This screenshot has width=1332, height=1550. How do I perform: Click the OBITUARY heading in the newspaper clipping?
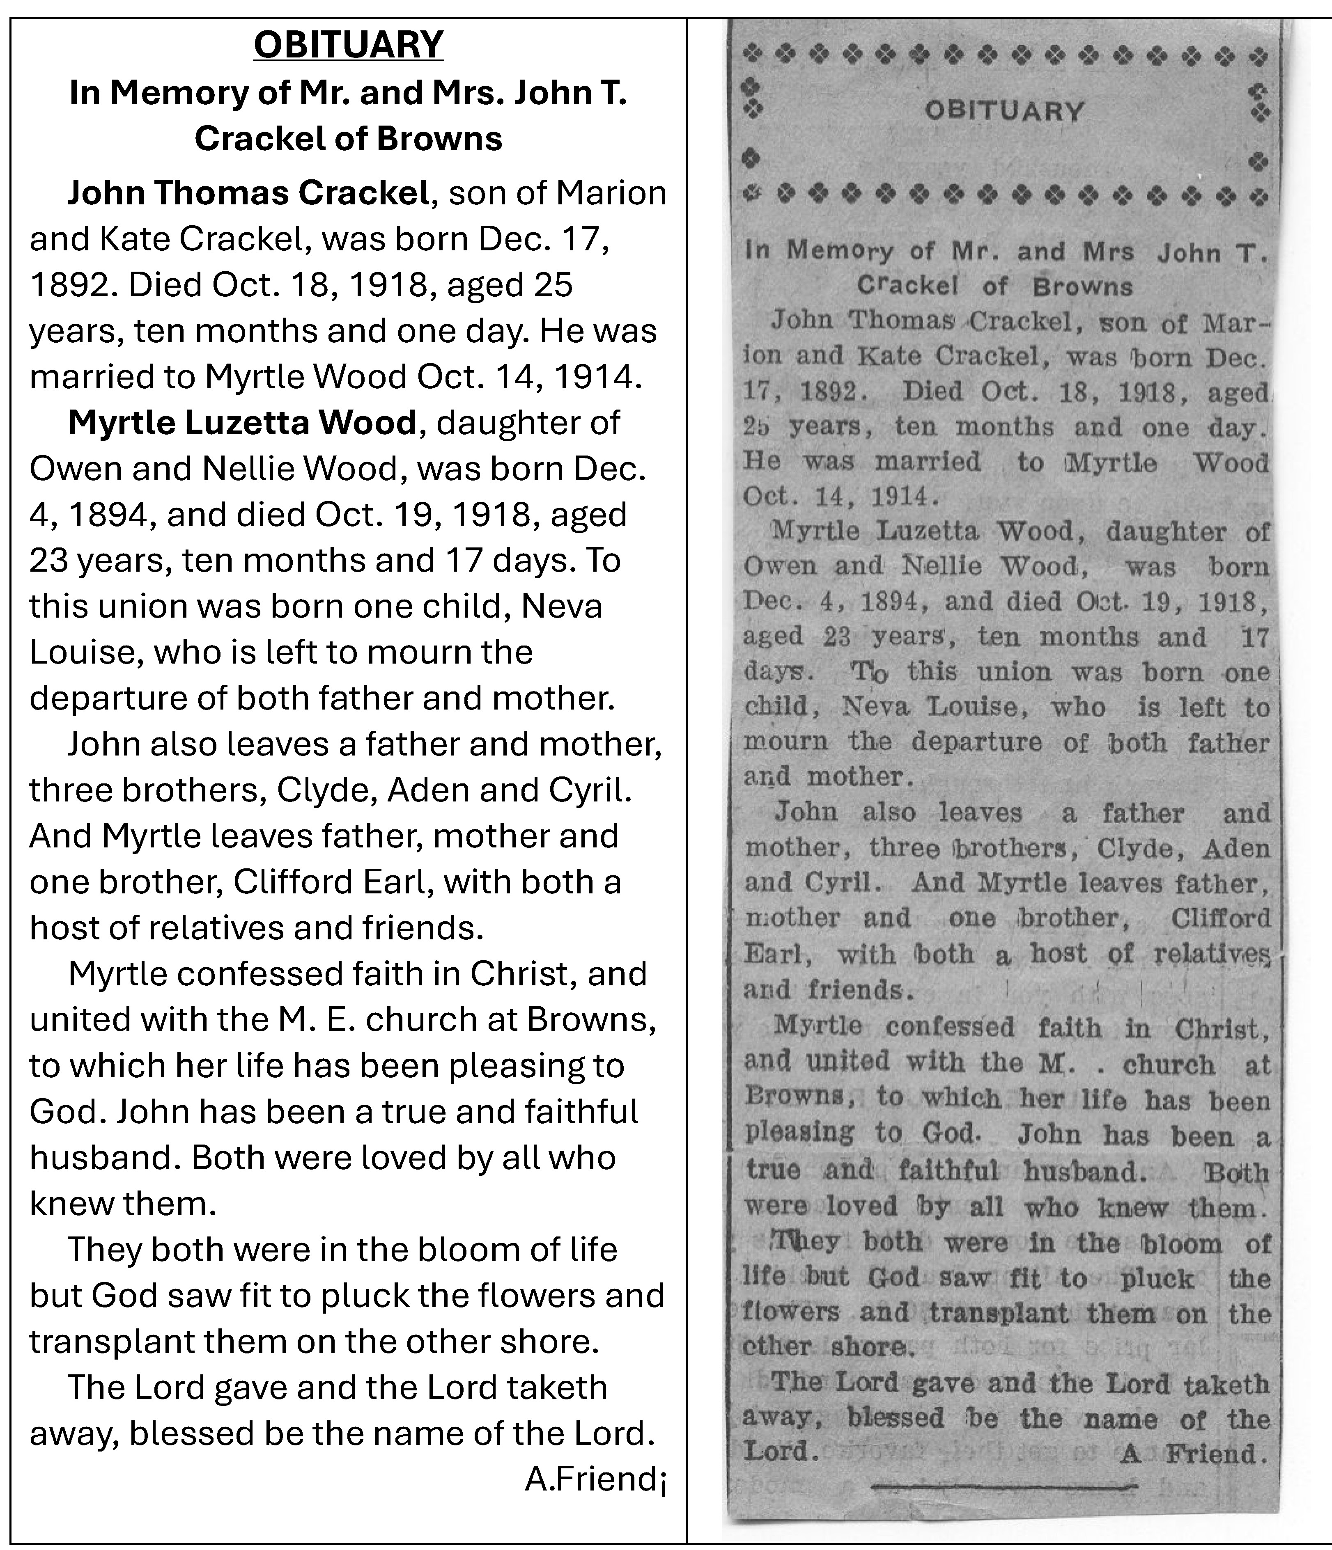[1004, 112]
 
